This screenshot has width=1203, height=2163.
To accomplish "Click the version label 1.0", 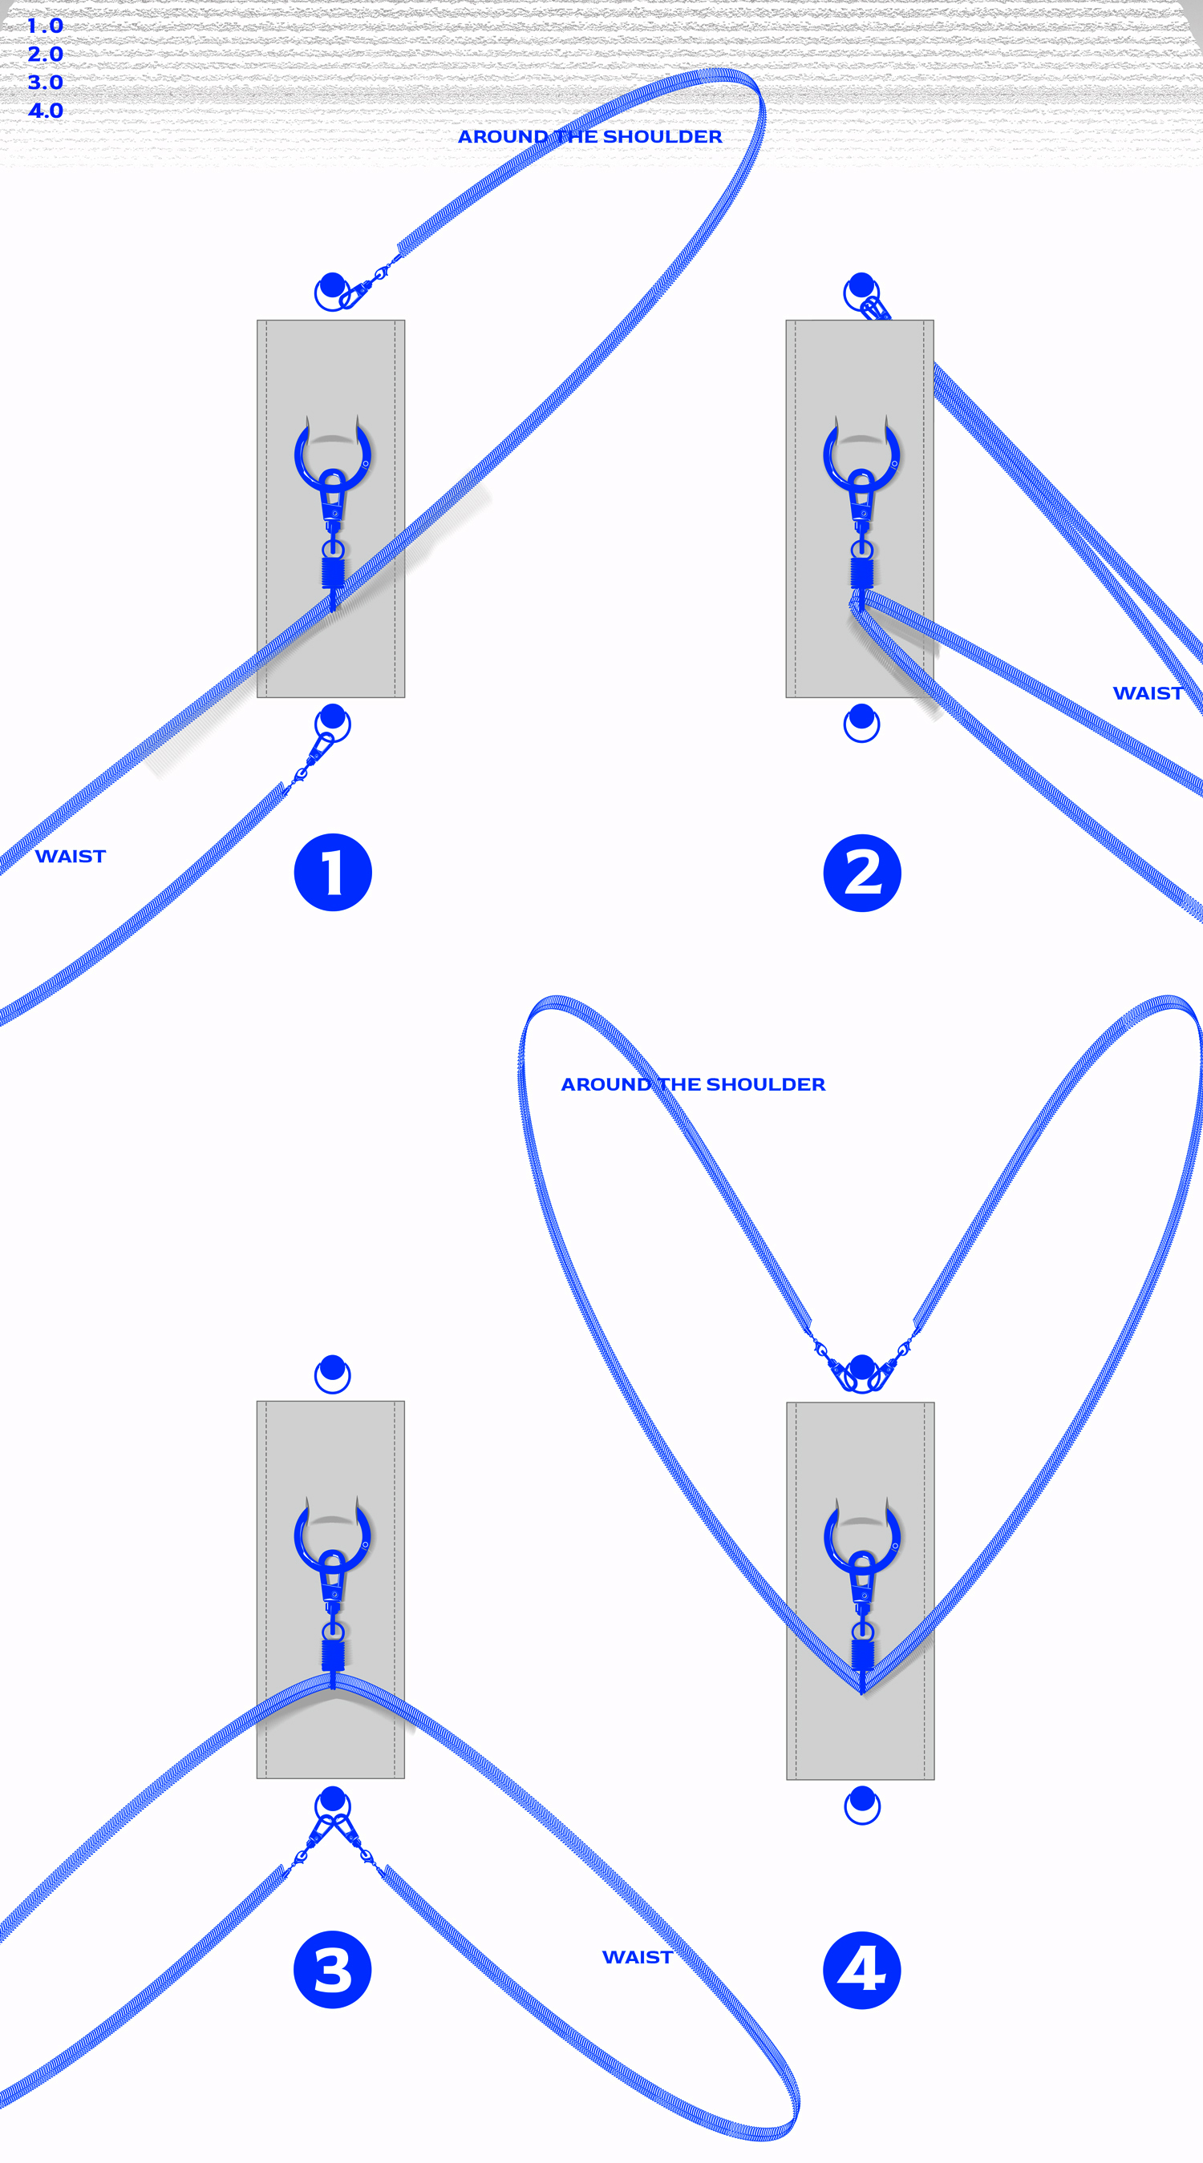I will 46,26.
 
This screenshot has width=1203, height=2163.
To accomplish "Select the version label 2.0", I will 46,54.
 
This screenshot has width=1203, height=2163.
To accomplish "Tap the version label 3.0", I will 46,83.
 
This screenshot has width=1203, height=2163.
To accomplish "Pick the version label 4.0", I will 46,111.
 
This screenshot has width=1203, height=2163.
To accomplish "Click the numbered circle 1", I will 333,873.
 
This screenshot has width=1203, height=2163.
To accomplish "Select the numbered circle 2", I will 862,873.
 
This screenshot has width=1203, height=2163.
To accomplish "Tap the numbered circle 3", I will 333,1969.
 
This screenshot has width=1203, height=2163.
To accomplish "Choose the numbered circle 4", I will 862,1969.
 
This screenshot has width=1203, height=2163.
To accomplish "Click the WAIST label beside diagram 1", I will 71,857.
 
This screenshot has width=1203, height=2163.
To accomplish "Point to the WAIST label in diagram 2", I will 1148,693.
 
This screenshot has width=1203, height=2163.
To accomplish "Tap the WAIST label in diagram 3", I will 638,1957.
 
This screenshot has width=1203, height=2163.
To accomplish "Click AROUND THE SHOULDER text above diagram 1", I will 589,137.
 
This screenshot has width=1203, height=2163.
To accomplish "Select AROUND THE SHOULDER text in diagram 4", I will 693,1085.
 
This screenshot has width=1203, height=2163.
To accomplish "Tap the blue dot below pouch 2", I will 862,717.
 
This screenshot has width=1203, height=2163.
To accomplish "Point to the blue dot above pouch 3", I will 333,1368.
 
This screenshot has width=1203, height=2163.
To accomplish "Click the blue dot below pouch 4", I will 863,1799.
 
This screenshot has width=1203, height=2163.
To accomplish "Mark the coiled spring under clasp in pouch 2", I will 862,573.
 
